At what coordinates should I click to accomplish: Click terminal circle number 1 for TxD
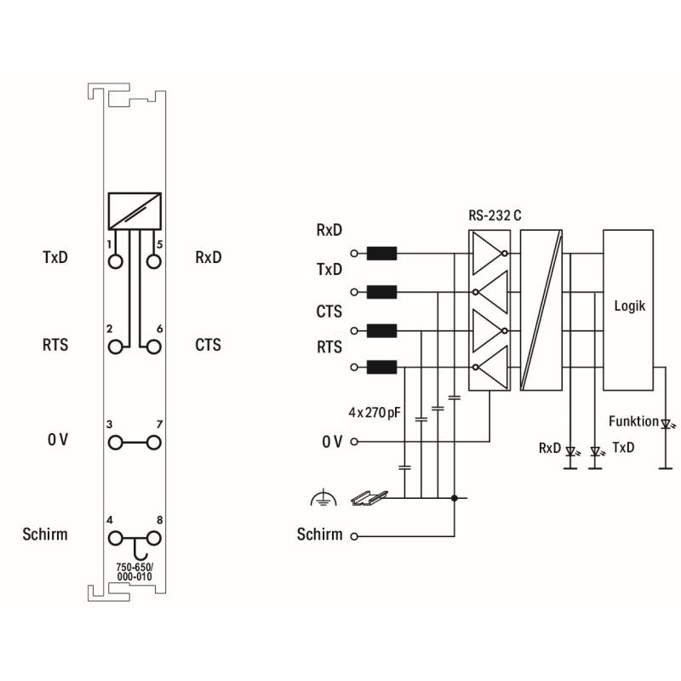tap(115, 262)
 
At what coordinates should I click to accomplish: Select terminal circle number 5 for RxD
tap(154, 262)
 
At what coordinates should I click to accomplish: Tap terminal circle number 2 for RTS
tap(115, 347)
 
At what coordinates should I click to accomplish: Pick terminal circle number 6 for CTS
tap(154, 347)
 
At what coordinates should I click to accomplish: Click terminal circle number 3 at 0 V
tap(115, 443)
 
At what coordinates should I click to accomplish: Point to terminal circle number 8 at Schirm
tap(154, 539)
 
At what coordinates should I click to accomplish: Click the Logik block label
tap(629, 306)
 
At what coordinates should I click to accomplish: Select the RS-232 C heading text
tap(495, 215)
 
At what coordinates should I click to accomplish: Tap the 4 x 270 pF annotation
tap(375, 412)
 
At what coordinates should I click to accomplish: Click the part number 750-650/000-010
tap(134, 572)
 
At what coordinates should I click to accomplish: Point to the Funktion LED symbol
tap(666, 423)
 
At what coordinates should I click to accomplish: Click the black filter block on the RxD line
tap(381, 253)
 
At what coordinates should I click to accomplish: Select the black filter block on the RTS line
tap(381, 367)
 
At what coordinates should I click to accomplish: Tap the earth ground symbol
tap(323, 498)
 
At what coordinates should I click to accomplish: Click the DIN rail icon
tap(369, 498)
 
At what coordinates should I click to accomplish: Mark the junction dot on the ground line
tap(455, 498)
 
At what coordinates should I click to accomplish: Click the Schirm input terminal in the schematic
tap(354, 536)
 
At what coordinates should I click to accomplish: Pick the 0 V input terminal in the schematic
tap(354, 442)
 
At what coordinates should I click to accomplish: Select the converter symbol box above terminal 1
tap(134, 211)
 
